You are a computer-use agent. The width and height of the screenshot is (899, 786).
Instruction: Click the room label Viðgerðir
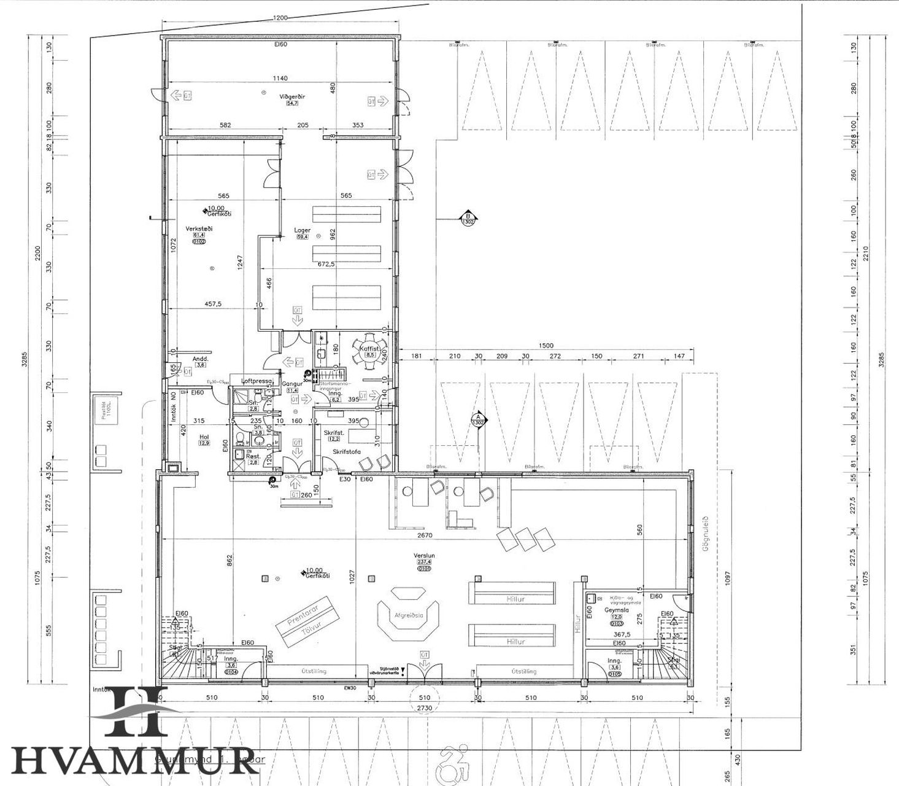tap(292, 96)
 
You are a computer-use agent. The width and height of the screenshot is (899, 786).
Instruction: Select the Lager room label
tap(302, 230)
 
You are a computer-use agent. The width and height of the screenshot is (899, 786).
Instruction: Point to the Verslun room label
tap(424, 554)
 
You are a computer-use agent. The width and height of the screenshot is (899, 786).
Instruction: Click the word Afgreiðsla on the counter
tap(408, 616)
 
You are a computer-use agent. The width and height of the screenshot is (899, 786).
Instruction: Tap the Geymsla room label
tap(616, 610)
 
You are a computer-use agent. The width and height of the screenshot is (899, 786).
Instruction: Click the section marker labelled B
tap(468, 218)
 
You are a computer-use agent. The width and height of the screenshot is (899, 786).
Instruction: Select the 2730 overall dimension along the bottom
tap(424, 708)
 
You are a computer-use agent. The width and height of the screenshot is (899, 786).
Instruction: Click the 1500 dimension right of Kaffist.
tap(545, 346)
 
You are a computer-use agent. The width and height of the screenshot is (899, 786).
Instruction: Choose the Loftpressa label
tap(257, 381)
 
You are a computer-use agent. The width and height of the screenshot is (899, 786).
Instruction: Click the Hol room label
tap(204, 437)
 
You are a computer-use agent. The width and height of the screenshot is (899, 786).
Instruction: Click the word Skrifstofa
tap(347, 451)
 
